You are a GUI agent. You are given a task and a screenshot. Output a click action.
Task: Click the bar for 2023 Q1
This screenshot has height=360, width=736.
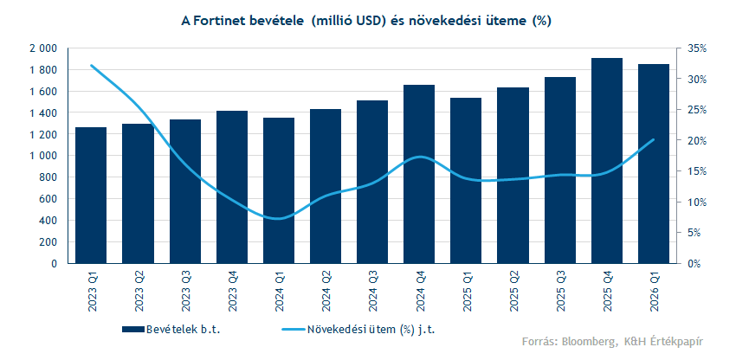91,196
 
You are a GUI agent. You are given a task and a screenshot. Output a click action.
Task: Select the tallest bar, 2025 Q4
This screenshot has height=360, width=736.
607,160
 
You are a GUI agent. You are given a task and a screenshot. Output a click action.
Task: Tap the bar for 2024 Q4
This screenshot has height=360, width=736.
419,174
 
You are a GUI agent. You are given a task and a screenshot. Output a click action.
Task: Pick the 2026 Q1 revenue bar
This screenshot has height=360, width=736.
654,164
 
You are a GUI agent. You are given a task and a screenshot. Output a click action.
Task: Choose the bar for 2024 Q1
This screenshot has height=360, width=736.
278,190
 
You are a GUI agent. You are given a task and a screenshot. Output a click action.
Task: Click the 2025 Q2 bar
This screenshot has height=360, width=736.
513,176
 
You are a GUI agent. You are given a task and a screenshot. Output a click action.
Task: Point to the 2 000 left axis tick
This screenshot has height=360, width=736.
43,48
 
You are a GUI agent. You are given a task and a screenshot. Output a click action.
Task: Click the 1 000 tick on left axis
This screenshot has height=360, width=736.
43,156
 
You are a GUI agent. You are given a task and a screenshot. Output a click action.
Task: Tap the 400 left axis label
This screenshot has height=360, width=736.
48,221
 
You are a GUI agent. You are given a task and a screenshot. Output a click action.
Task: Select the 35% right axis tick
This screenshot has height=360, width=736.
697,48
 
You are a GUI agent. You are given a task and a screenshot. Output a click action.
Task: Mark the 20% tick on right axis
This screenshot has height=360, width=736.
697,140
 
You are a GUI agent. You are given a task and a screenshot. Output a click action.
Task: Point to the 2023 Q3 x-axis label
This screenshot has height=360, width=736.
185,292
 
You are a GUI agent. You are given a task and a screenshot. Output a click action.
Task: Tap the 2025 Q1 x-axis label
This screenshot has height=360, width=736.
467,292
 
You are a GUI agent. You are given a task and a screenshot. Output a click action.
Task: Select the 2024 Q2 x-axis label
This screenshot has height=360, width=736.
326,292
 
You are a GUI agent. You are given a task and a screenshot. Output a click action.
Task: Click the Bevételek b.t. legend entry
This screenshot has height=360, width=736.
171,330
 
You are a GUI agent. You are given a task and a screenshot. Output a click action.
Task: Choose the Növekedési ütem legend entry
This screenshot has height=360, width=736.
358,330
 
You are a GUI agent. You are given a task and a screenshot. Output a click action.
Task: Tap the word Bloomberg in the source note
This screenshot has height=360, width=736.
587,341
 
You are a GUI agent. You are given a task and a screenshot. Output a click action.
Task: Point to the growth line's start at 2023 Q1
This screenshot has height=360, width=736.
91,65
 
